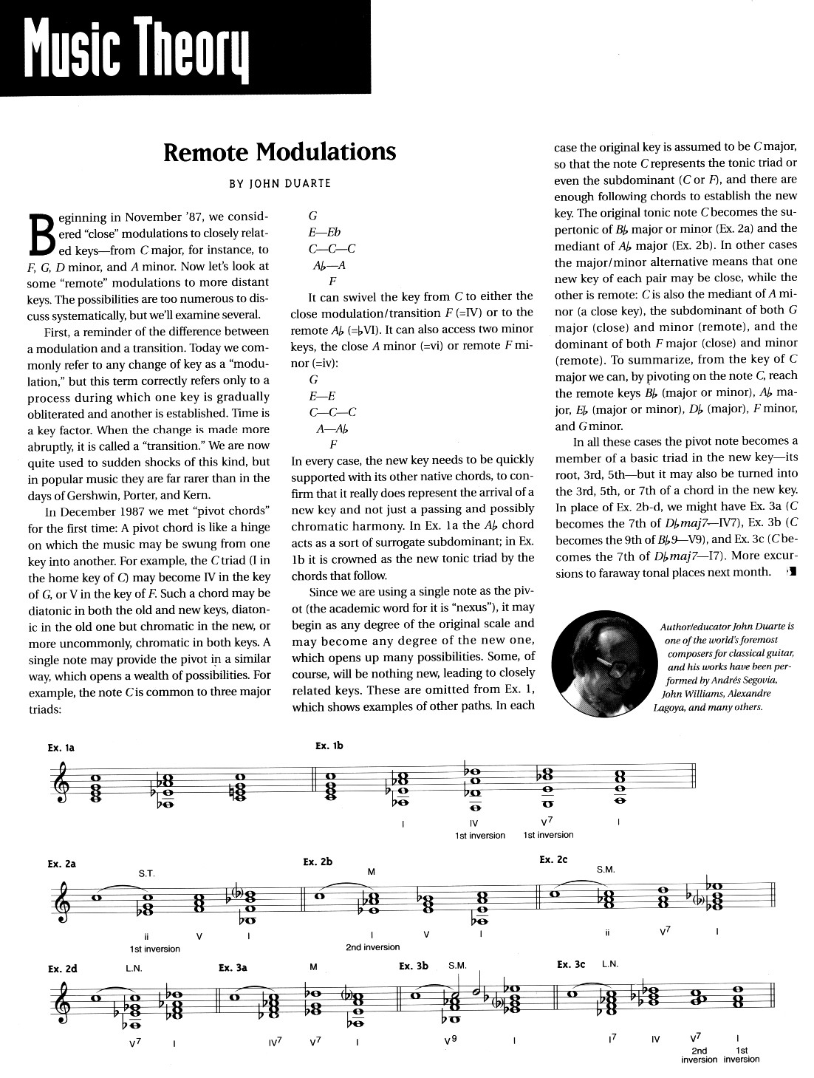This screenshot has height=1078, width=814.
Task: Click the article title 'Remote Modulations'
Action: [279, 152]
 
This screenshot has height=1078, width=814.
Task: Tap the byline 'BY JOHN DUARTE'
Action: [279, 183]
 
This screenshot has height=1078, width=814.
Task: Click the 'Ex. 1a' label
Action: [61, 748]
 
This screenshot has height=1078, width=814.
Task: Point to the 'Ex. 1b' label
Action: [329, 746]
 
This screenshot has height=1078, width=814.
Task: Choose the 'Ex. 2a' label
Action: [61, 863]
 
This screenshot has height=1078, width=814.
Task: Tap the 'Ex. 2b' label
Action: [318, 862]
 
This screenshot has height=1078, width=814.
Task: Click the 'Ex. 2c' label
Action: [554, 859]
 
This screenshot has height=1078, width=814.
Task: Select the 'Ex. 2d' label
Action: [62, 969]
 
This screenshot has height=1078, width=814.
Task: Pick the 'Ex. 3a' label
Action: [233, 966]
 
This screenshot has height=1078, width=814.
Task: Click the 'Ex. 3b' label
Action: [414, 966]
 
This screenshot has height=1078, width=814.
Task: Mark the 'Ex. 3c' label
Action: [571, 964]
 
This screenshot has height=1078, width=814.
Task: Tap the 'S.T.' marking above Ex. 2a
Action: [146, 873]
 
